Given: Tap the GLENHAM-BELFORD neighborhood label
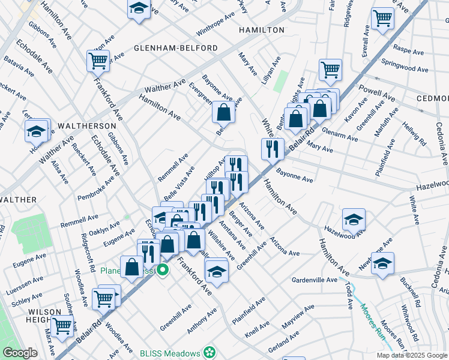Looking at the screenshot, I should coord(166,47).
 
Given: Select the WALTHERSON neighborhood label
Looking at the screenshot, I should coord(87,126).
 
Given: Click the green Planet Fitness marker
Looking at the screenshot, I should coord(161,271).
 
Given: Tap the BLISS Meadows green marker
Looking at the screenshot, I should coord(209,352).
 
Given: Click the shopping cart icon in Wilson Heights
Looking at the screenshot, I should coord(62,326).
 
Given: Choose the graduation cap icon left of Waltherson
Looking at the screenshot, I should coord(36,130).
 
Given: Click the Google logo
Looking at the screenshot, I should coord(20,353).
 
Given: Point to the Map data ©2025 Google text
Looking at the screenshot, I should coord(412,355).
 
